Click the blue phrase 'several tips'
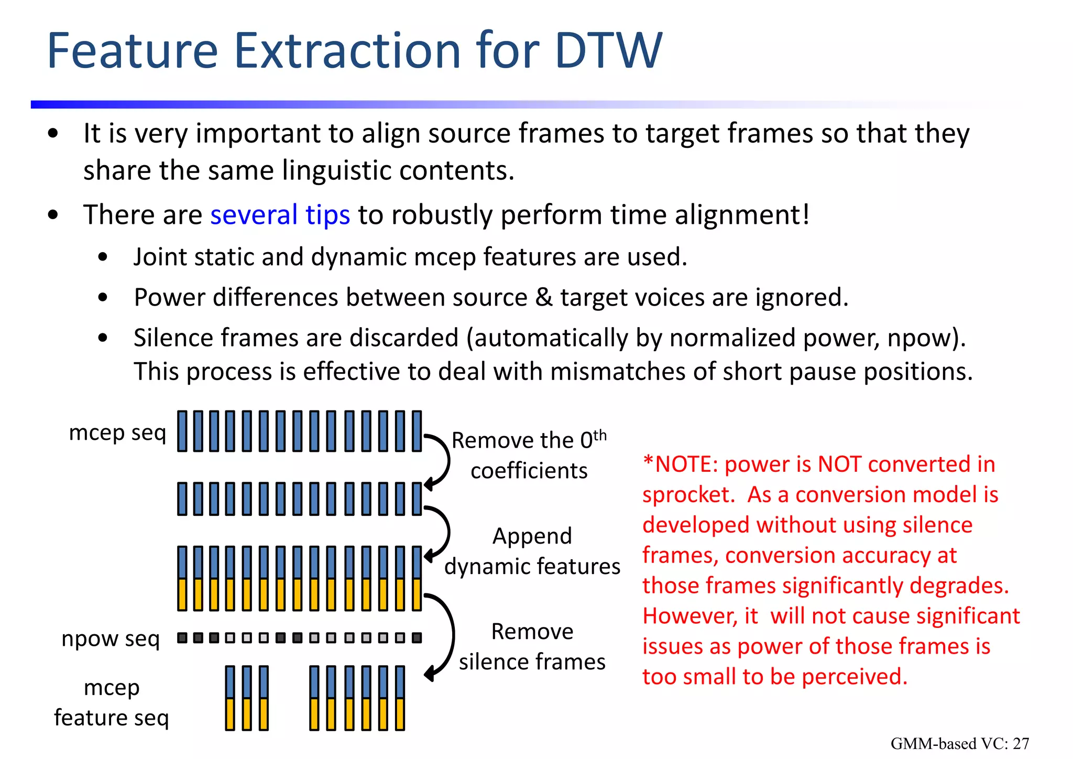[280, 215]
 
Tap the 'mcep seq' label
[117, 433]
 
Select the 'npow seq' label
[110, 638]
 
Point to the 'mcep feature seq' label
[112, 702]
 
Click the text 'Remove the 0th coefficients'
[529, 455]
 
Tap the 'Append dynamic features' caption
[532, 551]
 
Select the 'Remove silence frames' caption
[532, 646]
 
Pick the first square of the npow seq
[182, 638]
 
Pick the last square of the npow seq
[417, 638]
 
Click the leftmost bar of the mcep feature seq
[230, 698]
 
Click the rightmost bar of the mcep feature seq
[400, 698]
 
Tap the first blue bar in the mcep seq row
[182, 431]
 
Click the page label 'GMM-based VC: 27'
[959, 743]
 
